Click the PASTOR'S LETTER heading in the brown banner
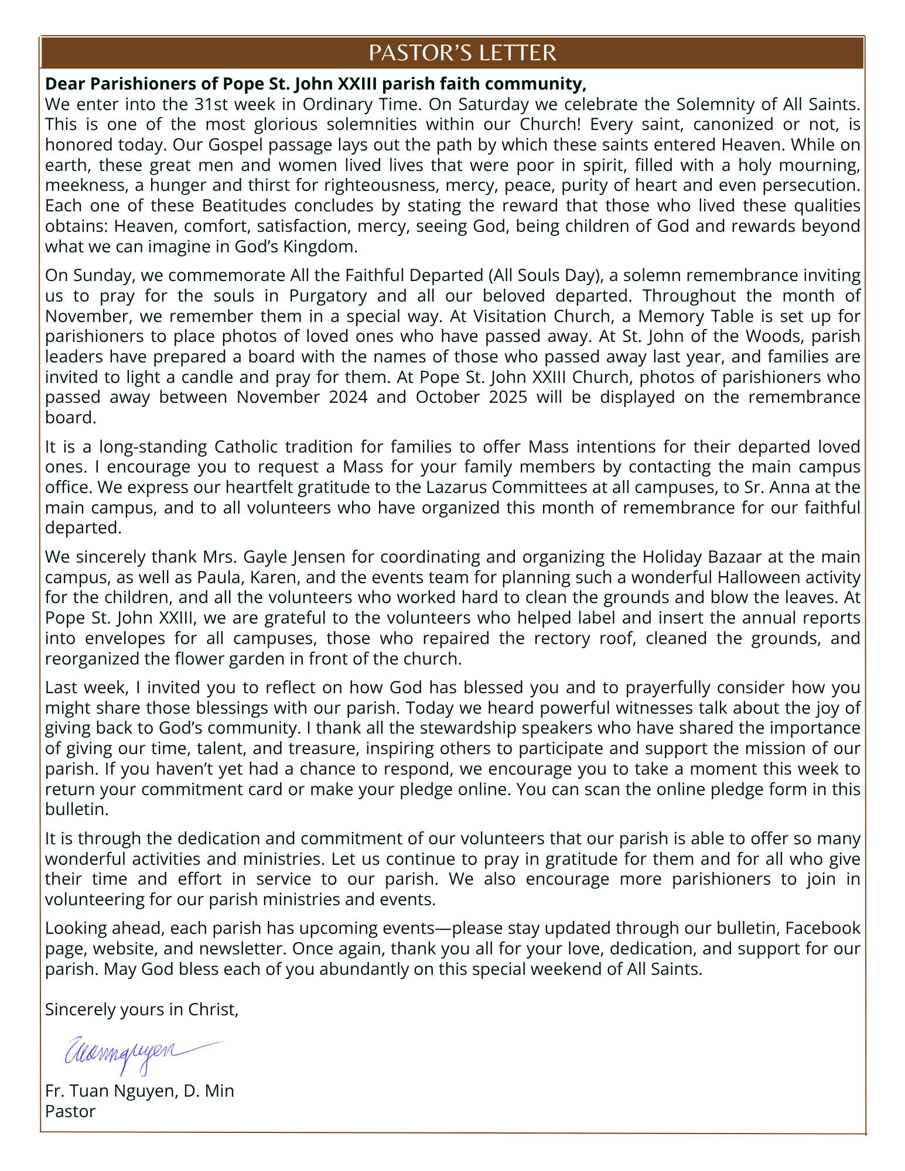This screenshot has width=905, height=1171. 462,53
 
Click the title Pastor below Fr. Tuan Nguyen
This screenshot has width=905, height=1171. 70,1111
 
